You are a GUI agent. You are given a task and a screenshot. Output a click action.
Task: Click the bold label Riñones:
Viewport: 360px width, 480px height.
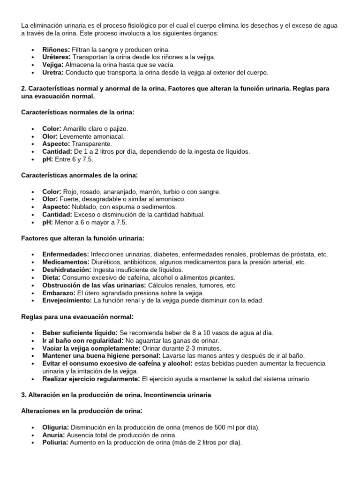pyautogui.click(x=56, y=49)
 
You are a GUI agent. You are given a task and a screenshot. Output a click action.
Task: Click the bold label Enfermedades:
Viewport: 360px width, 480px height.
pyautogui.click(x=65, y=254)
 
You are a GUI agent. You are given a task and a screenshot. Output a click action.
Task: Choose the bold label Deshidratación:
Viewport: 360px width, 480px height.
pyautogui.click(x=67, y=270)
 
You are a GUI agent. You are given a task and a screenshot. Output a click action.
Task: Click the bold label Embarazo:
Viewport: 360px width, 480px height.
pyautogui.click(x=59, y=293)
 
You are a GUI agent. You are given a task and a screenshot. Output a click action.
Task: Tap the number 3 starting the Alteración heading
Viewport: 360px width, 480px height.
pyautogui.click(x=23, y=395)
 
